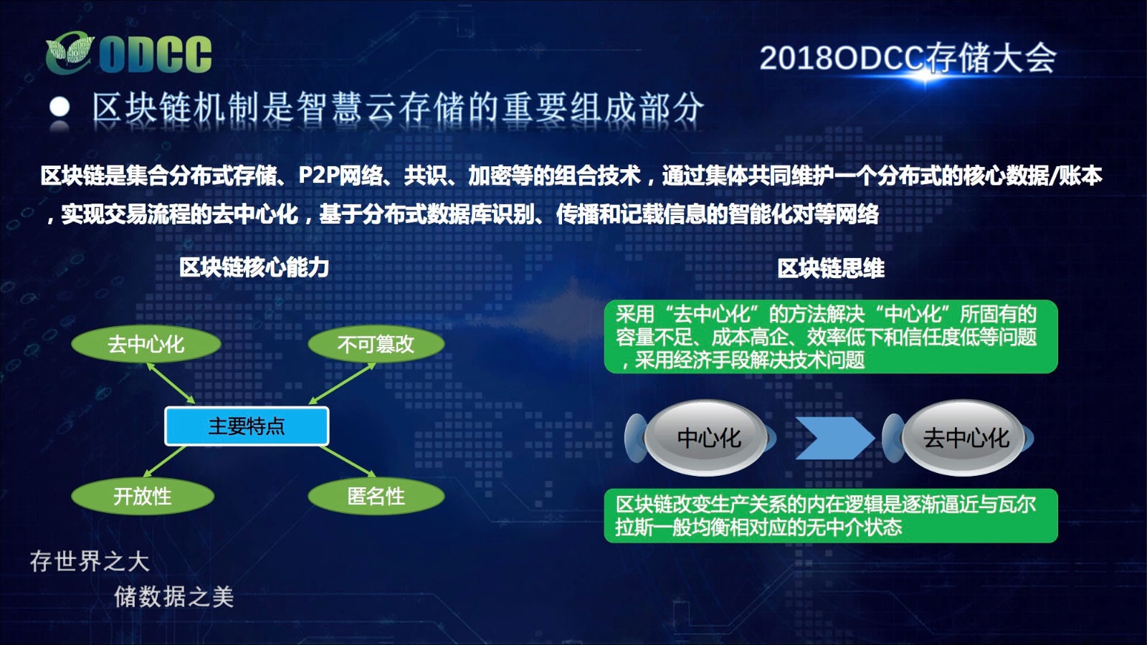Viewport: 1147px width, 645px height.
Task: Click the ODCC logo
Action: coord(128,53)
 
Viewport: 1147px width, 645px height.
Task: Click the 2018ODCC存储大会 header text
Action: coord(908,58)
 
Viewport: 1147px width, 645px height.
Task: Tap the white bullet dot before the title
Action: coord(60,108)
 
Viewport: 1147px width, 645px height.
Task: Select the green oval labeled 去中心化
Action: coord(146,344)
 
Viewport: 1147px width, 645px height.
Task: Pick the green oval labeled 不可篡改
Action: coord(376,344)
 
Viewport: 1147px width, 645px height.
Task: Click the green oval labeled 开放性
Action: coord(143,496)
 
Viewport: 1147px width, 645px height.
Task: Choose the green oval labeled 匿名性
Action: coord(376,496)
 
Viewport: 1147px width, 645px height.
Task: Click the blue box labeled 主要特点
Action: coord(247,426)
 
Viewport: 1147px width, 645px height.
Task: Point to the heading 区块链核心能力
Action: coord(254,267)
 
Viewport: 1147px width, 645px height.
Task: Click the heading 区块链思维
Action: coord(831,268)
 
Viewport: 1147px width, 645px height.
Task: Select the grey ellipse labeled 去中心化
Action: coord(963,438)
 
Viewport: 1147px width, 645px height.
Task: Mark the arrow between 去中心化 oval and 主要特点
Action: coord(171,383)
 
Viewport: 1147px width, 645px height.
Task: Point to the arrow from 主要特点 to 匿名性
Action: coord(348,462)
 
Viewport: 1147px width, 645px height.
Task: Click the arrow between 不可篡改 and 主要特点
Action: coord(342,383)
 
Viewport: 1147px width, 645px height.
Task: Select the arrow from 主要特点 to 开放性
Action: coord(164,462)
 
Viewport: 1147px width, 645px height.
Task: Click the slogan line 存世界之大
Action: coord(90,562)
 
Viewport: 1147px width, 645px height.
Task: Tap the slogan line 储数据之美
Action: coord(173,597)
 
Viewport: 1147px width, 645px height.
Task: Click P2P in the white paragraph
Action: coord(320,176)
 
